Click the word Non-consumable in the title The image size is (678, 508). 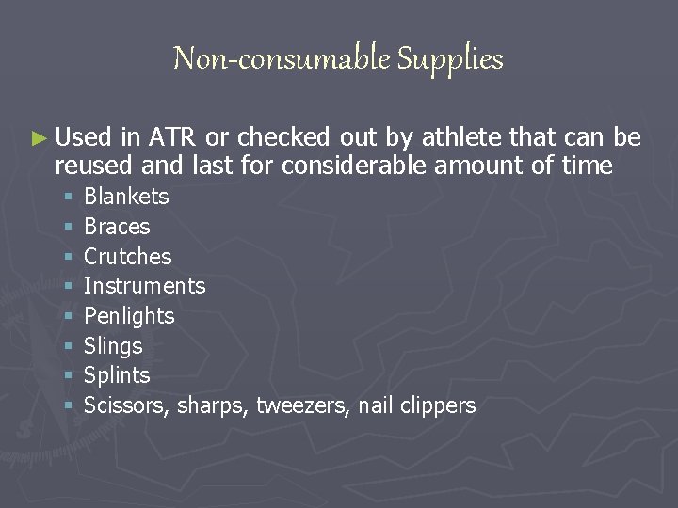tap(282, 59)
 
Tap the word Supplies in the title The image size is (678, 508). tap(450, 60)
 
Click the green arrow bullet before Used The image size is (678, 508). tap(38, 138)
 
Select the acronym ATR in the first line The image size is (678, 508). tap(173, 137)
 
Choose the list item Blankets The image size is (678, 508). tap(126, 197)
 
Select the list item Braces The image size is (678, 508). tap(117, 227)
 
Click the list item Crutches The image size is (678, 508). tap(128, 257)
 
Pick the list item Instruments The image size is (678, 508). tap(144, 286)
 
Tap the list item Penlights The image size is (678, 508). tap(129, 316)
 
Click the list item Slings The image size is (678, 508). tap(113, 346)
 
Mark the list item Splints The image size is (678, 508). tap(117, 375)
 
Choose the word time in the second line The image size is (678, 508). tap(590, 167)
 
